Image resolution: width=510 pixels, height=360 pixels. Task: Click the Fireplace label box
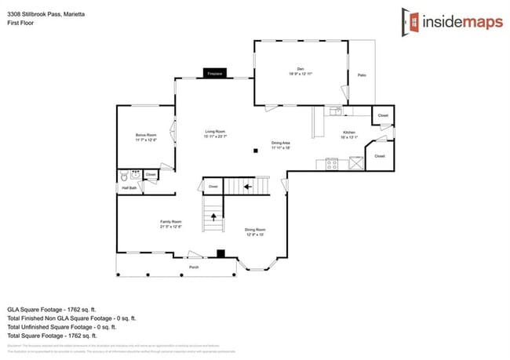215,74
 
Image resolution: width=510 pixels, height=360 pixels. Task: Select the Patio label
362,75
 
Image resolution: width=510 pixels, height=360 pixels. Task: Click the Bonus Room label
146,136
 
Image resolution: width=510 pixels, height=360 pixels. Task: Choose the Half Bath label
129,188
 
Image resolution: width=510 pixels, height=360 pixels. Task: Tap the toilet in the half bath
124,178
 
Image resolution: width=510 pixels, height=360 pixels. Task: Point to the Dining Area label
281,144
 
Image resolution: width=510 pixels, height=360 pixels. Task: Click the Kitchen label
349,135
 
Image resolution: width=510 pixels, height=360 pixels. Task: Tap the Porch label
194,267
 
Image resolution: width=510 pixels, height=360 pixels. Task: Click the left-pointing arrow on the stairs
248,187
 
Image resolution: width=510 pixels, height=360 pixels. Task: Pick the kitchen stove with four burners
332,164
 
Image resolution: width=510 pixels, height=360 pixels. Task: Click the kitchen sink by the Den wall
335,110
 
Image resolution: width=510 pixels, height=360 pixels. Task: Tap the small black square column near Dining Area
254,151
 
